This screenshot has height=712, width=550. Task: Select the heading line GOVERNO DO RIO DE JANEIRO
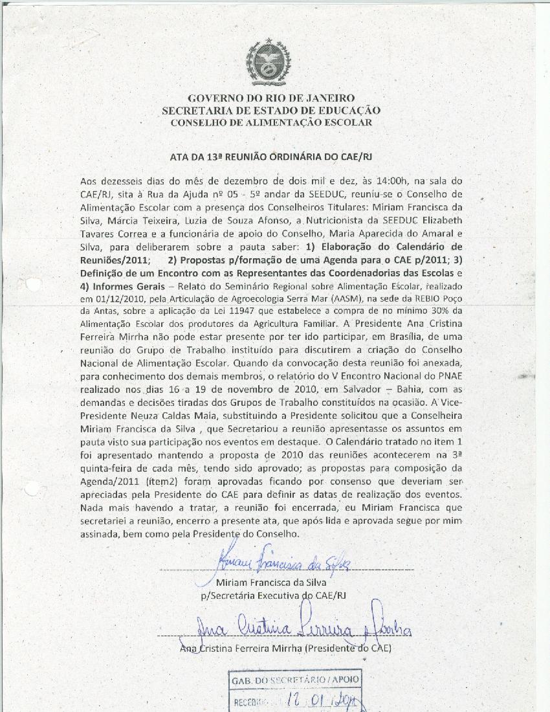[270, 98]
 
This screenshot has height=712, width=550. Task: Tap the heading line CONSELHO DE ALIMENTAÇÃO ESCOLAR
[270, 122]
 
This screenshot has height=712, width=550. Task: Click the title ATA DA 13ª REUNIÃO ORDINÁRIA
[270, 157]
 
